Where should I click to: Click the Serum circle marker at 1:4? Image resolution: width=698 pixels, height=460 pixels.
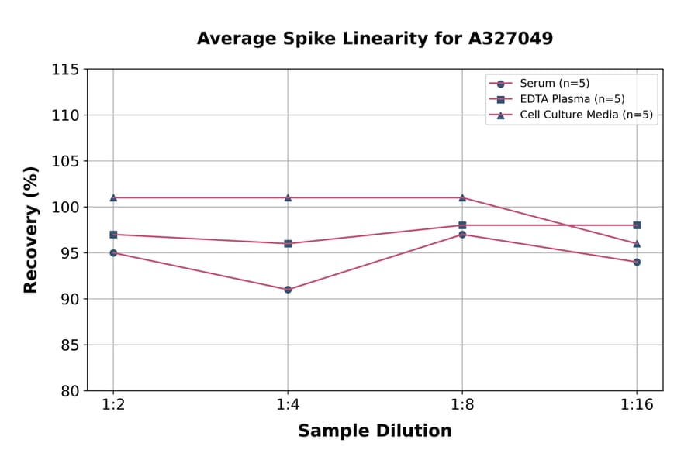coord(288,290)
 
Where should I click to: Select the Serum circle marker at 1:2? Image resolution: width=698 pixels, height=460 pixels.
coord(113,252)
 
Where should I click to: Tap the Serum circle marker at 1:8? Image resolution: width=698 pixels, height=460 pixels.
coord(462,234)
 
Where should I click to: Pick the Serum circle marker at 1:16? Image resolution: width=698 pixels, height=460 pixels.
coord(637,262)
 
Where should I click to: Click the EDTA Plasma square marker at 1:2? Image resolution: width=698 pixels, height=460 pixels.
coord(113,234)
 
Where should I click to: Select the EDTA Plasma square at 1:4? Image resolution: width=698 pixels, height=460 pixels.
coord(288,243)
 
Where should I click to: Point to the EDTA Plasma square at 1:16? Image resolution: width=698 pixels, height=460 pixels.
coord(637,225)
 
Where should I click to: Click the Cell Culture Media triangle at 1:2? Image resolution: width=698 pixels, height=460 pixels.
coord(113,197)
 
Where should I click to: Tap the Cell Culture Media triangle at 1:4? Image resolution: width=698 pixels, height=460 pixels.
coord(288,197)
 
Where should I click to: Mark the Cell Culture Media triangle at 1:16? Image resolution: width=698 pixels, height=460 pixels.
coord(637,243)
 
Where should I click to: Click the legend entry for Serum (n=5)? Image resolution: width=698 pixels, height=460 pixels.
coord(549,84)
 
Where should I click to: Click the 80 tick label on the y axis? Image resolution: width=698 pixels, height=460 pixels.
coord(69,391)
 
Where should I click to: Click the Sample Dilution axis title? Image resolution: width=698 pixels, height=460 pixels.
coord(375,431)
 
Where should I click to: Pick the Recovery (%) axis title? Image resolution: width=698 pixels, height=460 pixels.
coord(30,230)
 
